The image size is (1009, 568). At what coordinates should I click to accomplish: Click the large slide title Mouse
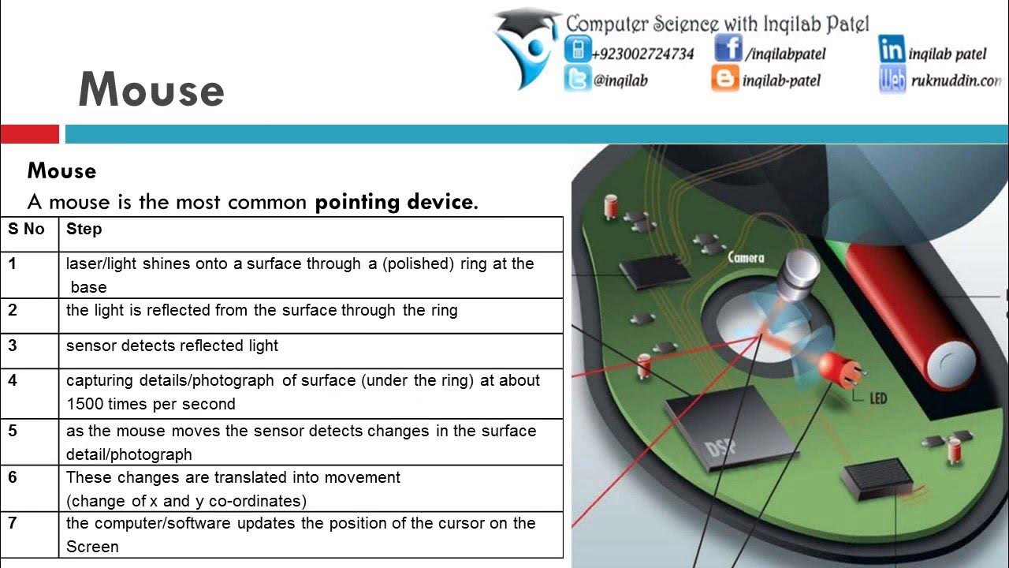[151, 90]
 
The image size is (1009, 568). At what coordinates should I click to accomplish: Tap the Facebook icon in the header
[728, 50]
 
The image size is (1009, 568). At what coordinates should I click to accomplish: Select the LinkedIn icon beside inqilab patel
[892, 50]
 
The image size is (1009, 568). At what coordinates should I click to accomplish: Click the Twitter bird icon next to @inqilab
[577, 79]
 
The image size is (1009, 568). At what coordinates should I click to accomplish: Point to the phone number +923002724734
[642, 54]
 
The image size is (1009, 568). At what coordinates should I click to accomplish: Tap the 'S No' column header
[27, 230]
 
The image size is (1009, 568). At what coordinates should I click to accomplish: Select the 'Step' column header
[84, 230]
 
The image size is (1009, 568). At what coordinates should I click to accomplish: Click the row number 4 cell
[13, 380]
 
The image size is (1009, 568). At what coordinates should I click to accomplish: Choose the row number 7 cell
[13, 523]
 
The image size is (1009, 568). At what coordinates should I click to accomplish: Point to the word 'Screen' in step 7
[92, 547]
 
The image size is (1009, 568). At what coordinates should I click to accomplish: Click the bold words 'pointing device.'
[397, 202]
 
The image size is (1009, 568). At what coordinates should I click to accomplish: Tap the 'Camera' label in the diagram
[745, 257]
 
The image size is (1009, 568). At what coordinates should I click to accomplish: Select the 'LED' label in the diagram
[877, 398]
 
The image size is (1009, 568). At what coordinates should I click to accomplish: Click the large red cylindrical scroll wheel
[907, 316]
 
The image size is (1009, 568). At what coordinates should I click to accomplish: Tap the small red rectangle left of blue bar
[29, 134]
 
